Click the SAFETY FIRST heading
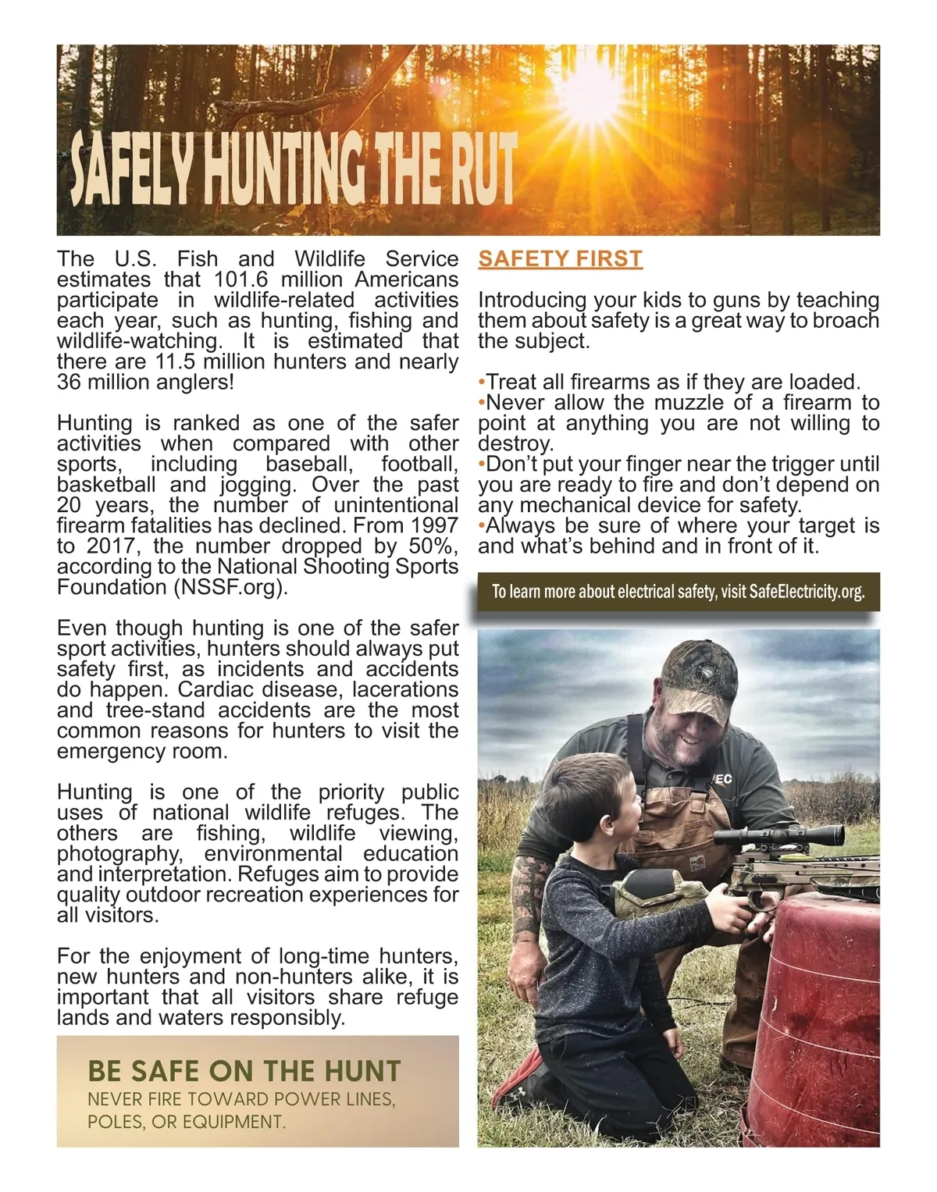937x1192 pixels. (x=560, y=258)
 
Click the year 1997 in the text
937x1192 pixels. (x=434, y=525)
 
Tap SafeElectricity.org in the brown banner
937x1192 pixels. (x=807, y=592)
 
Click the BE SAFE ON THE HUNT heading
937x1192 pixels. (x=244, y=1070)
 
